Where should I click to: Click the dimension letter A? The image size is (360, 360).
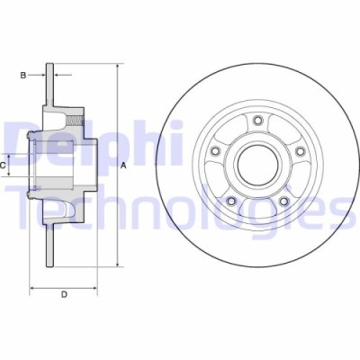click(122, 164)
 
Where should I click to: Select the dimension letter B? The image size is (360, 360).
click(24, 76)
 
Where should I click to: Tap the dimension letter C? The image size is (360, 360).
click(4, 165)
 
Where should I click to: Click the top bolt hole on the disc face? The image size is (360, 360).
click(257, 120)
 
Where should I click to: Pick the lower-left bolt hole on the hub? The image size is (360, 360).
click(230, 200)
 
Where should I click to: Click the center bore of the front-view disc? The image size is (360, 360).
click(257, 164)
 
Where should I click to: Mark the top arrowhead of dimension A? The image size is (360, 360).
click(117, 67)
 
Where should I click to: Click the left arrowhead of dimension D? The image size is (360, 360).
click(33, 289)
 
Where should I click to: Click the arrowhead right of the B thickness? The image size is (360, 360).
click(58, 76)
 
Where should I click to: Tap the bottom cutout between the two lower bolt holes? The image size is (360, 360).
click(257, 211)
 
